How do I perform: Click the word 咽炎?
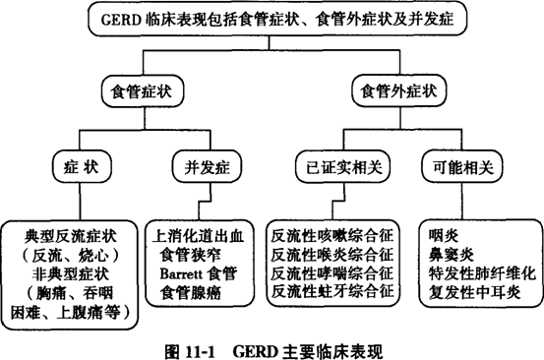(445, 237)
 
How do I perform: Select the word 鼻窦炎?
(452, 255)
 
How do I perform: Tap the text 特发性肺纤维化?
(480, 273)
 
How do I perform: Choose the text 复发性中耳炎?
(473, 291)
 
